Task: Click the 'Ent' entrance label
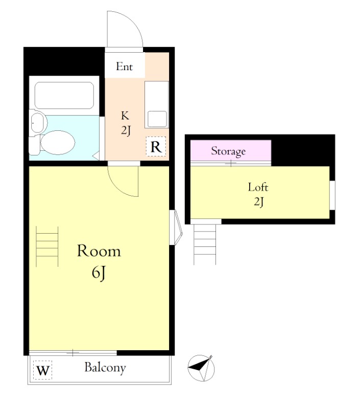(124, 66)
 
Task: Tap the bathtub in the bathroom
(64, 95)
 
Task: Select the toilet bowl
(57, 143)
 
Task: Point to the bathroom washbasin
(38, 123)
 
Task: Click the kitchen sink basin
(157, 119)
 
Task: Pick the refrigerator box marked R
(156, 146)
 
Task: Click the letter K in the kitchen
(125, 116)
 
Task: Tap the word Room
(99, 251)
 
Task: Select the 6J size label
(98, 274)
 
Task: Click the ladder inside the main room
(47, 246)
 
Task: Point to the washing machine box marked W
(43, 370)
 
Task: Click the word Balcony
(105, 368)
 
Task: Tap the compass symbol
(201, 368)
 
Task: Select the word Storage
(228, 151)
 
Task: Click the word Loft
(258, 187)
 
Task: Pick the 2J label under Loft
(259, 202)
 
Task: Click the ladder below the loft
(205, 244)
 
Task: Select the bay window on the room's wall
(176, 228)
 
